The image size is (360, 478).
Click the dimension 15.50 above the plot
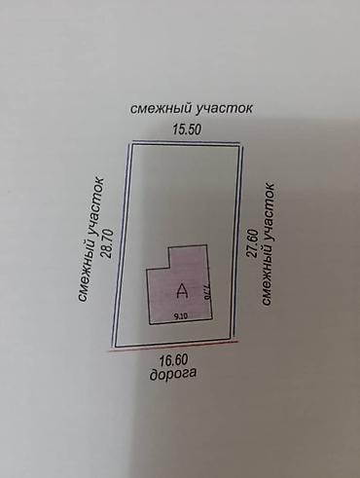[186, 129]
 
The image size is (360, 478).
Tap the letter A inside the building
[181, 289]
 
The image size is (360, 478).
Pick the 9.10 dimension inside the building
[180, 316]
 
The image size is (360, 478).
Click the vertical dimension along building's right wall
[207, 289]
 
